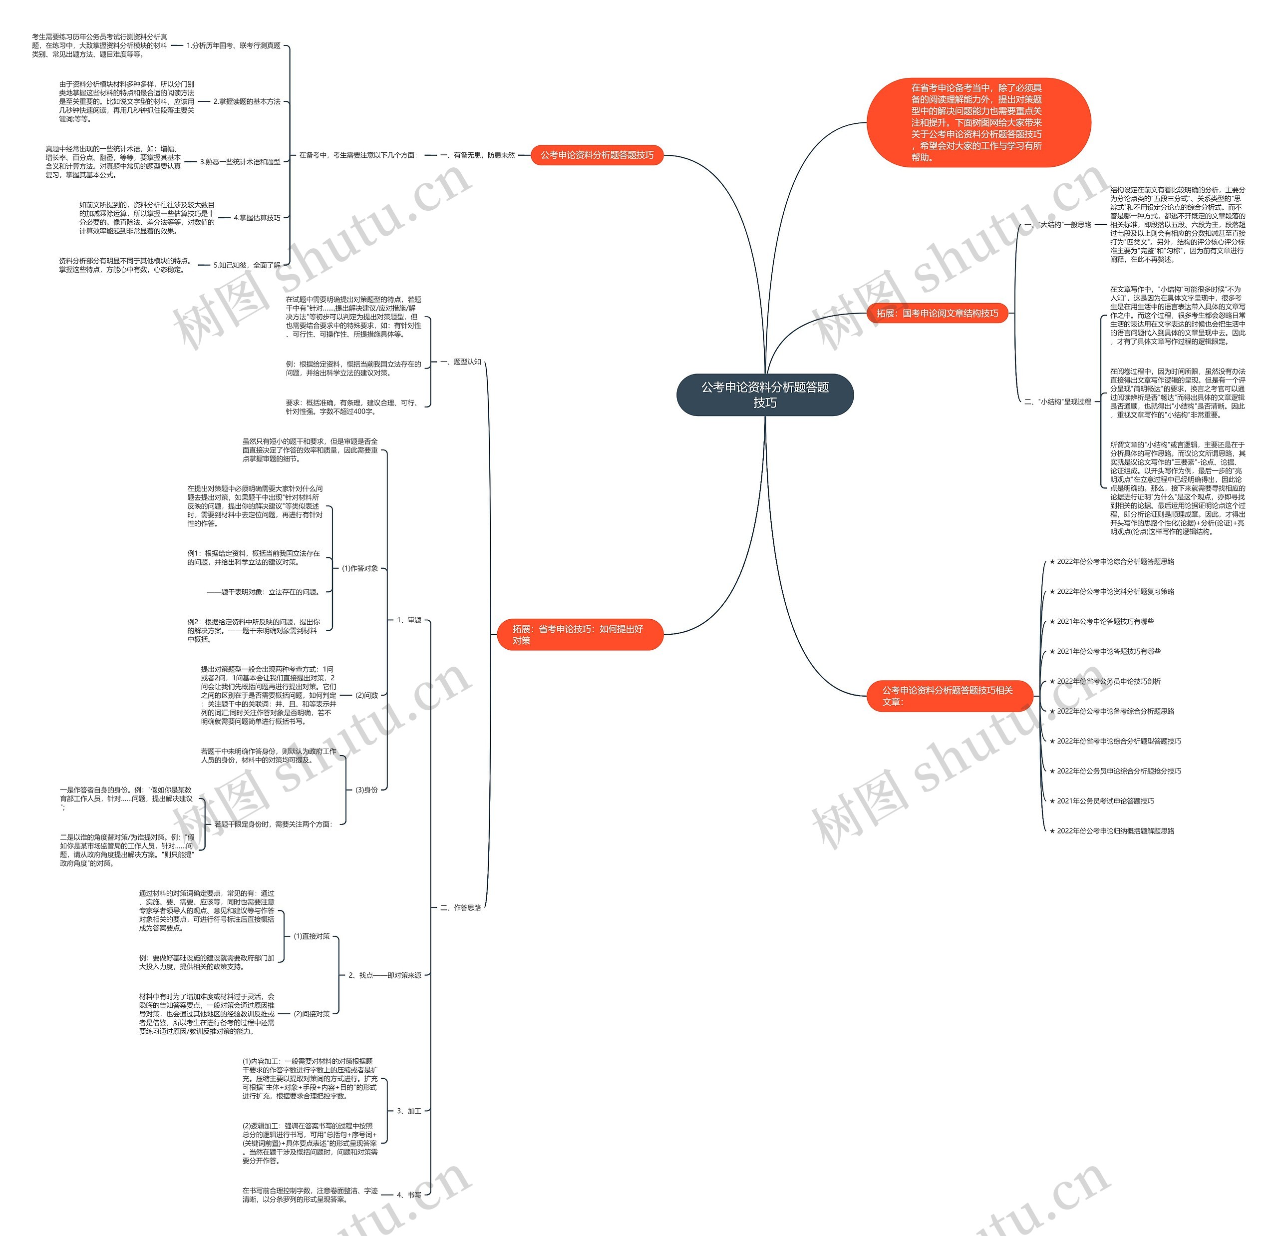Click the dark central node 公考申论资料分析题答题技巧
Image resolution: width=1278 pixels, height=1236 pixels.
(x=764, y=395)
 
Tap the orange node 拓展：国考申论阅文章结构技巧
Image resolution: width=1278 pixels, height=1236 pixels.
(x=937, y=313)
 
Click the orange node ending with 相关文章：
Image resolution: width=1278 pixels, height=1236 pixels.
(x=949, y=695)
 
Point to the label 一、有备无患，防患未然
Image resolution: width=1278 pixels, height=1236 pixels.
(x=477, y=155)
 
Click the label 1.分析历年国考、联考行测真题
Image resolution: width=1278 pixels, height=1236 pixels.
(x=234, y=45)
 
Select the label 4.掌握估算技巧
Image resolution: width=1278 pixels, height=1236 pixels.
(x=257, y=218)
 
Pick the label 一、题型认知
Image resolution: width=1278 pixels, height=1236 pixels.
(x=460, y=362)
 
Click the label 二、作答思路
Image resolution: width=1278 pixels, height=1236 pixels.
(x=460, y=907)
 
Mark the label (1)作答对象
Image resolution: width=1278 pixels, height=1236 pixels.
(x=360, y=568)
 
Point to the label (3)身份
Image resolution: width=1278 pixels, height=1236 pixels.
(x=366, y=790)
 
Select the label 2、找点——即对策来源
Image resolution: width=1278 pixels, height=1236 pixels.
(x=385, y=975)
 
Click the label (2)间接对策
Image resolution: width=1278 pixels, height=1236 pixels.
(x=312, y=1014)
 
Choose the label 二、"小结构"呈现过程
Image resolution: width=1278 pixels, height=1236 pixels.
(x=1057, y=402)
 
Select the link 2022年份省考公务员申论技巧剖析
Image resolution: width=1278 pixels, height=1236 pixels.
(x=1108, y=681)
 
